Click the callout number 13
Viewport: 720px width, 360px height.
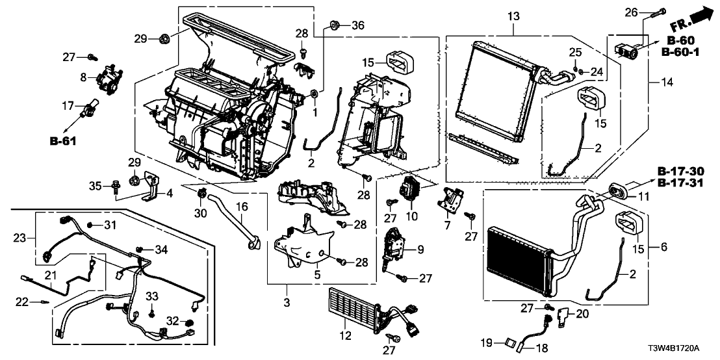514,15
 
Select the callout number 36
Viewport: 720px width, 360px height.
357,25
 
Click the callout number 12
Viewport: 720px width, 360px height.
345,335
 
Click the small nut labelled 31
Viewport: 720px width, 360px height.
91,225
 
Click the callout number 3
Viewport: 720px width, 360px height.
286,303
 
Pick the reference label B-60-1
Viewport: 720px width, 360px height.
686,51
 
